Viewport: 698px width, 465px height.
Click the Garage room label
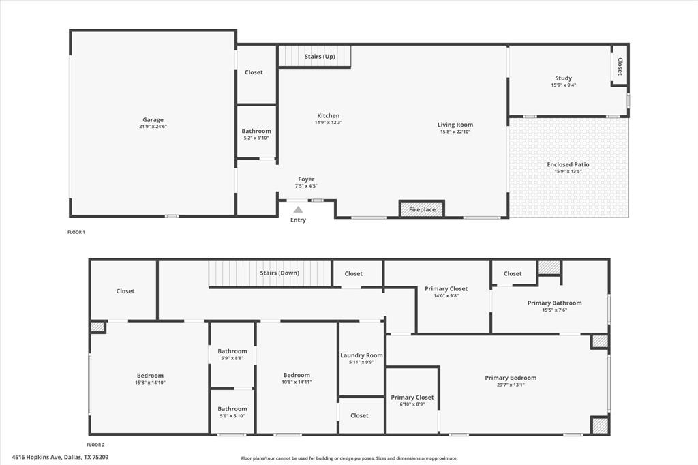153,120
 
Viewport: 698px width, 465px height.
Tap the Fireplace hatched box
422,209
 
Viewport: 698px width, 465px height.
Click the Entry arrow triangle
298,210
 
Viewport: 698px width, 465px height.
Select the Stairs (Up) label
320,57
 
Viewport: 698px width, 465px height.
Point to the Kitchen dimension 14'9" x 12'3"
328,123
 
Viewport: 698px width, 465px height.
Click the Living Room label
455,125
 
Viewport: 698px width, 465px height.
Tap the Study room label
563,78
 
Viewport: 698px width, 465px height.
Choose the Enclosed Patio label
568,164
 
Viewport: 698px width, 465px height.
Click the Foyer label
306,179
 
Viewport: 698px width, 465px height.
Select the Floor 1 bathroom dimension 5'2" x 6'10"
256,138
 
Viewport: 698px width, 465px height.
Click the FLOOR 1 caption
76,232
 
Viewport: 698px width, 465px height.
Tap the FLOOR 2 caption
95,445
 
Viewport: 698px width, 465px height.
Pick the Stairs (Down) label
279,273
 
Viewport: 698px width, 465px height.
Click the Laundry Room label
361,355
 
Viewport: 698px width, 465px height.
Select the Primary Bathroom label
554,303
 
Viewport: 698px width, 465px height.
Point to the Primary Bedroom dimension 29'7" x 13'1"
511,385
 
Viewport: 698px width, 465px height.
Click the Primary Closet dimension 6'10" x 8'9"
412,404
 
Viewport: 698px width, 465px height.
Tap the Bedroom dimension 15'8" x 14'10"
150,382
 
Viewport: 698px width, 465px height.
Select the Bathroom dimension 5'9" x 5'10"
232,416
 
